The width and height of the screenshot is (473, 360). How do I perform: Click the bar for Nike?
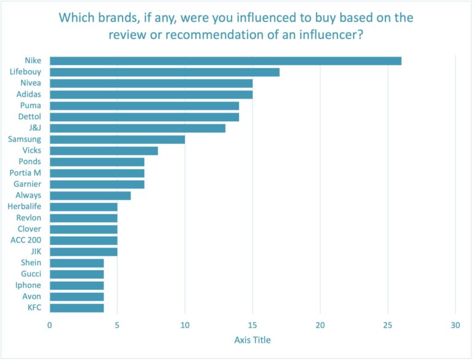tap(225, 61)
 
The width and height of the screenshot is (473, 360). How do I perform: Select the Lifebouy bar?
tap(164, 72)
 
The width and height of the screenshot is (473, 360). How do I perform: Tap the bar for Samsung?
tap(117, 139)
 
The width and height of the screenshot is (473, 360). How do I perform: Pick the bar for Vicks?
tap(103, 151)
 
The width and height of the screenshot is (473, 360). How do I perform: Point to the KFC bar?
tap(76, 308)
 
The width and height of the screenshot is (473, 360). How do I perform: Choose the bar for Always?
tap(90, 195)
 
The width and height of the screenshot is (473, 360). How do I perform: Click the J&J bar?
tap(137, 128)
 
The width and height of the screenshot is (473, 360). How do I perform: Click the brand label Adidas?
tap(28, 94)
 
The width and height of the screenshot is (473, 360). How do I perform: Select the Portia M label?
tap(26, 173)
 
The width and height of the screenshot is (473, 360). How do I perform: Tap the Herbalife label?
tap(24, 206)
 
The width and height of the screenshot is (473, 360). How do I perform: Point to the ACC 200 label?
tap(26, 240)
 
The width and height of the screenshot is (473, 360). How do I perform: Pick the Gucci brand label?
tap(31, 274)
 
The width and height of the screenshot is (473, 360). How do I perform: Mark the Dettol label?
tap(30, 117)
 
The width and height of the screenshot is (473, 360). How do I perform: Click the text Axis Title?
tap(253, 340)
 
